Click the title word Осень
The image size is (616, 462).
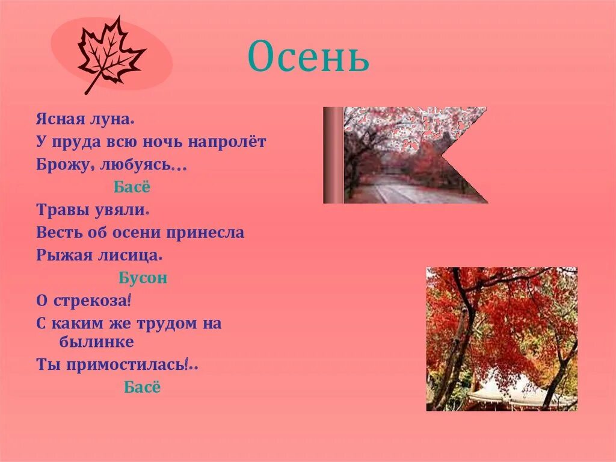click(308, 57)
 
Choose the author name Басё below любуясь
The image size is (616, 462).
click(132, 187)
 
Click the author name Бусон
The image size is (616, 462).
click(143, 278)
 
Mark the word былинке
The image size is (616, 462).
click(96, 342)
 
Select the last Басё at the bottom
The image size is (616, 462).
click(143, 387)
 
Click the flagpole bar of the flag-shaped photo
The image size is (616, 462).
click(333, 155)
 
